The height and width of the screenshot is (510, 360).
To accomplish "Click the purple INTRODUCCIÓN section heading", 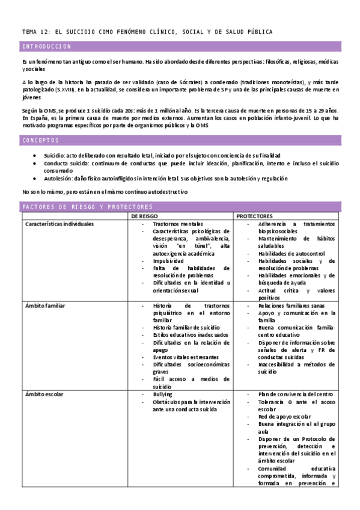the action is click(47, 46).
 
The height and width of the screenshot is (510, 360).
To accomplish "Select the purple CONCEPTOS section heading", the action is click(40, 140).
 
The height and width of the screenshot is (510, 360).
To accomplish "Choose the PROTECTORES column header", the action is click(255, 216).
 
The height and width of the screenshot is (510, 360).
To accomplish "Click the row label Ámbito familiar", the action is click(45, 306).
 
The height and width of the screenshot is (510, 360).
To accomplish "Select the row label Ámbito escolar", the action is click(44, 394).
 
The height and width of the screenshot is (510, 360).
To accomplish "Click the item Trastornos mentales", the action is click(178, 224).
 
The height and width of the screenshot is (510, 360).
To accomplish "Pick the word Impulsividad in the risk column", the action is click(169, 260).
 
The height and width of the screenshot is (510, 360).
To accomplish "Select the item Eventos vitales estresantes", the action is click(187, 357).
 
